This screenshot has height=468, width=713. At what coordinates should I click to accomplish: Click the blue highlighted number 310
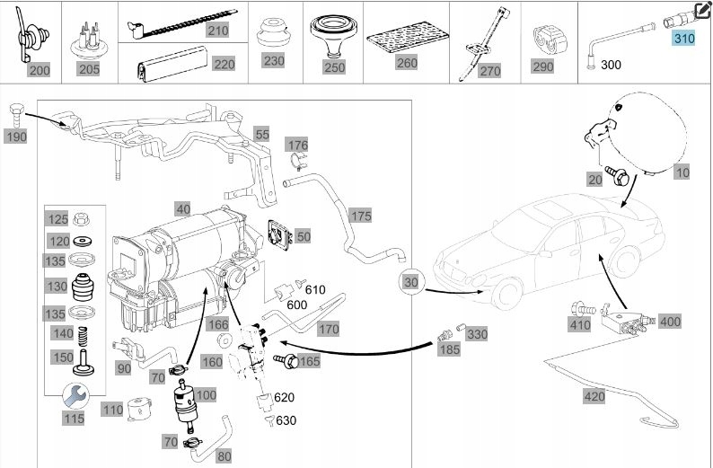coord(684,39)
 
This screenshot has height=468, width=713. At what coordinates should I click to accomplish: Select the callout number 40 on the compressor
coord(182,209)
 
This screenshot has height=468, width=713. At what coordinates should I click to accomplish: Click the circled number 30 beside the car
coord(411,281)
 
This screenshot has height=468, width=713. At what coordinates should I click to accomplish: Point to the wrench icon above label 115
coord(74,393)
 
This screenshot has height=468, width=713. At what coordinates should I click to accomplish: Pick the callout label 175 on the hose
coord(361,216)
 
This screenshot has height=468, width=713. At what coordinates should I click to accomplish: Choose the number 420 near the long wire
coord(594,395)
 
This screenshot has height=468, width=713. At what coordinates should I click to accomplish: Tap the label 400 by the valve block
coord(670,321)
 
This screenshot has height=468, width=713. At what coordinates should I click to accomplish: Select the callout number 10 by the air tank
coord(682,172)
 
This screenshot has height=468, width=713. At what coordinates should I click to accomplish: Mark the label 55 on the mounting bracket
coord(261,134)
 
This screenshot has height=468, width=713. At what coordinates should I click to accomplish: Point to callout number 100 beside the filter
coord(206,395)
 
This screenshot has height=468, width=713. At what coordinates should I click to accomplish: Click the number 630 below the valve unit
coord(286,419)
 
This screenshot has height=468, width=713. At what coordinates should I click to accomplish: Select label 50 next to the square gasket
coord(304,236)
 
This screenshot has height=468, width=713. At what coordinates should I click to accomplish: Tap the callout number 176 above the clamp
coord(297,145)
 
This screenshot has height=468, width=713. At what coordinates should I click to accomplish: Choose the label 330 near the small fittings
coord(478,334)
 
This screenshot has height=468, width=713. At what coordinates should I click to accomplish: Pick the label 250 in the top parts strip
coord(334,67)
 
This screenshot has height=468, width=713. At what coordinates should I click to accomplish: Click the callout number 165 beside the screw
coord(309,361)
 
